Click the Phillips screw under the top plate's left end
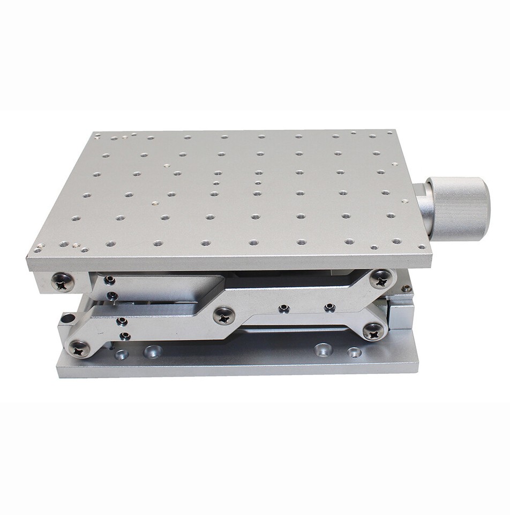point(63,282)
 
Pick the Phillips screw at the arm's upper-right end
point(381,278)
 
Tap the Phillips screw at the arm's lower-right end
point(373,331)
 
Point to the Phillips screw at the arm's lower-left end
point(79,349)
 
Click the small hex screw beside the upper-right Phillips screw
point(407,289)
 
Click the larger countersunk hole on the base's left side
point(153,352)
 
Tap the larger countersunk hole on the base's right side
point(323,350)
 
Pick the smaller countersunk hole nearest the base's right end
point(354,352)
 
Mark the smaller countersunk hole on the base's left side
point(122,355)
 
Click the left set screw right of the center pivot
point(284,308)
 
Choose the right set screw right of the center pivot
point(329,308)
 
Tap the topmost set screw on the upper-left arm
point(109,280)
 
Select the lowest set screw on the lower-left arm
point(124,336)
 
